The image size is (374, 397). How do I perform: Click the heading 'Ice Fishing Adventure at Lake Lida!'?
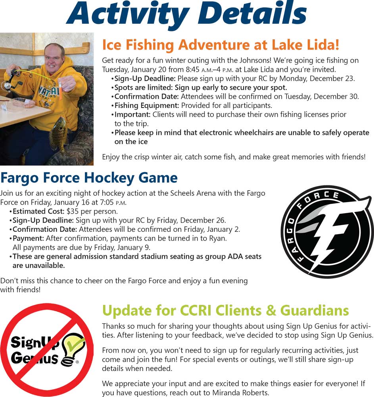point(221,45)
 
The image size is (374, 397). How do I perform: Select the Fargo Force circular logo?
point(327,232)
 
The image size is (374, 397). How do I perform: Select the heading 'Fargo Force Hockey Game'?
point(89,177)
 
